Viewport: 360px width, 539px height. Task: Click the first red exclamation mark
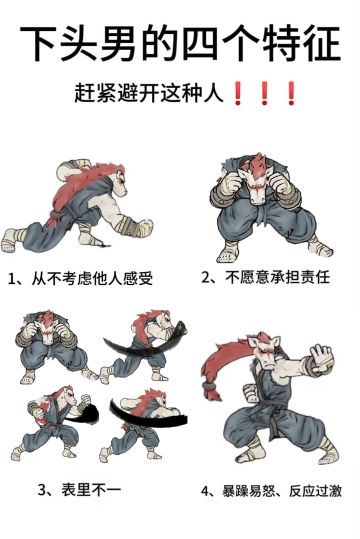pyautogui.click(x=238, y=96)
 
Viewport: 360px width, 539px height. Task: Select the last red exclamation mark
pyautogui.click(x=291, y=96)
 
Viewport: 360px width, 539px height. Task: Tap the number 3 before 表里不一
pyautogui.click(x=43, y=490)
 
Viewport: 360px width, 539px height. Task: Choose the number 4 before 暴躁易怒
pyautogui.click(x=205, y=491)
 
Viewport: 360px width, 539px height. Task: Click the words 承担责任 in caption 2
pyautogui.click(x=297, y=277)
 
